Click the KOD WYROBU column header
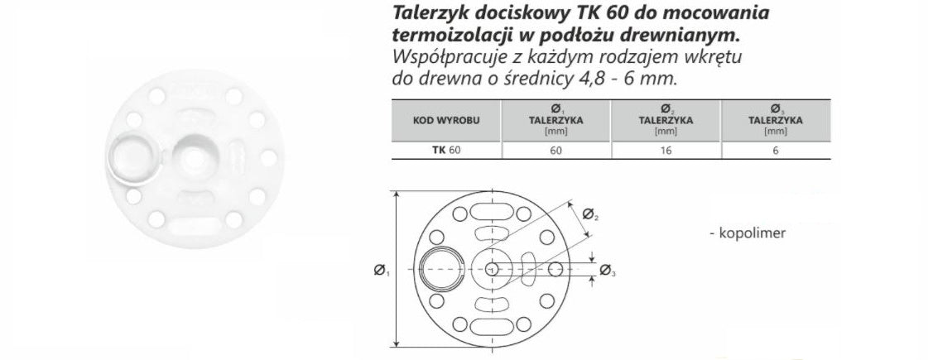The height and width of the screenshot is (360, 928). [x=445, y=120]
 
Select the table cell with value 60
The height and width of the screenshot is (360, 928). [x=555, y=151]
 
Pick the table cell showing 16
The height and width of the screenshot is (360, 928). [x=666, y=151]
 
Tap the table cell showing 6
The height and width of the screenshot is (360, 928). [x=776, y=151]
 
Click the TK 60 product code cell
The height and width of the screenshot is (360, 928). [x=445, y=151]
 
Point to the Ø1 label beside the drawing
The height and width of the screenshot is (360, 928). [x=381, y=271]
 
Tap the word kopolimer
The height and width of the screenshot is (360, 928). [x=752, y=233]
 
